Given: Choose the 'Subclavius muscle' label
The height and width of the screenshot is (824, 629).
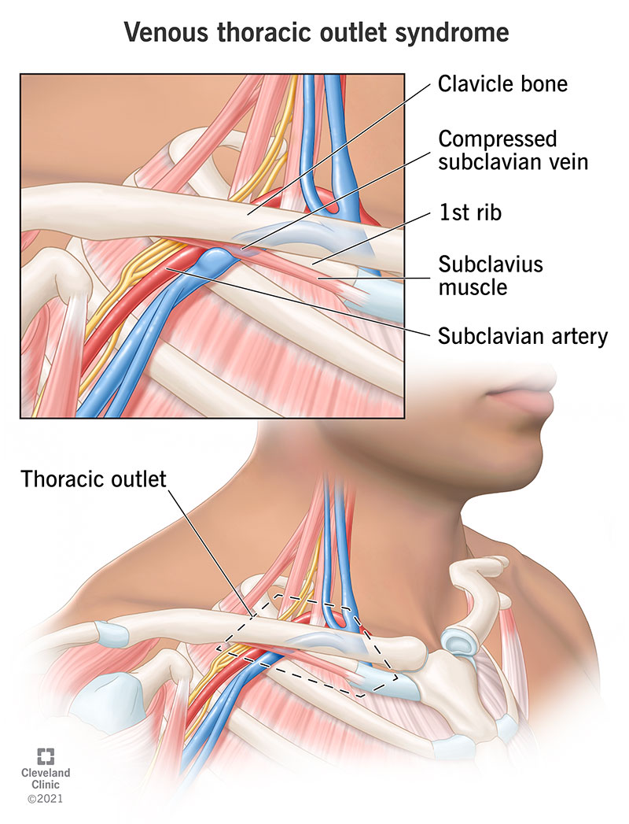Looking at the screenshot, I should [x=491, y=275].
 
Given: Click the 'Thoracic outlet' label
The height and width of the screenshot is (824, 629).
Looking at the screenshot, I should [x=94, y=479].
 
